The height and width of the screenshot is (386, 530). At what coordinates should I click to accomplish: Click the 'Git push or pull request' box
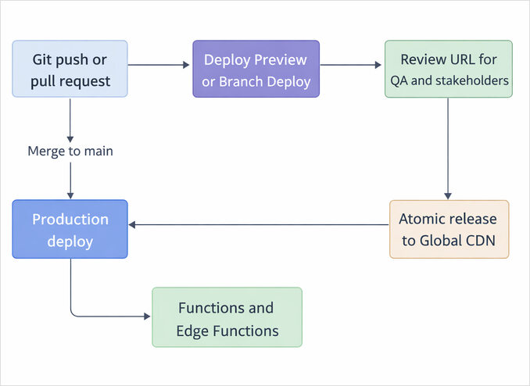(70, 70)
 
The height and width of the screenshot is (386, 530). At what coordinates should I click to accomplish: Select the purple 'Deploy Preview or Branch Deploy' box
(256, 70)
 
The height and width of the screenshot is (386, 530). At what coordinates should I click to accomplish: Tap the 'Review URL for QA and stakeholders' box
(448, 70)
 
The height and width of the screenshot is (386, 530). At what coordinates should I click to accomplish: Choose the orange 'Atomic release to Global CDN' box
(449, 229)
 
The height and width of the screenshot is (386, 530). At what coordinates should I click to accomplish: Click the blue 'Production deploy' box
(70, 230)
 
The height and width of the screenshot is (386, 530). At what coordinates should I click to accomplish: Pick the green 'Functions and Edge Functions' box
(227, 318)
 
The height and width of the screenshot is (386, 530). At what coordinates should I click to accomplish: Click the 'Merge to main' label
(70, 152)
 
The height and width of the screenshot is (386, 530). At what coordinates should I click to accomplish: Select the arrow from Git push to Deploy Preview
(160, 66)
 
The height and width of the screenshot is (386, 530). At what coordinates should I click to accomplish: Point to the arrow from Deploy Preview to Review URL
(352, 66)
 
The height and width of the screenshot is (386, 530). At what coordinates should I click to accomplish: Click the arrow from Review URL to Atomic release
(448, 148)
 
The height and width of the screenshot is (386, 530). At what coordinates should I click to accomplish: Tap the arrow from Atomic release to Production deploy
(258, 225)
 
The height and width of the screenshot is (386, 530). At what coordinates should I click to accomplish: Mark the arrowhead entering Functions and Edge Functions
(147, 316)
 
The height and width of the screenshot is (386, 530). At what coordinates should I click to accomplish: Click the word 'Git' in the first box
(44, 59)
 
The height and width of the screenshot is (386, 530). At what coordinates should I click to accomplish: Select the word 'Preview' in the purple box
(278, 59)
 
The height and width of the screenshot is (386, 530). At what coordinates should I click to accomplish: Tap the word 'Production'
(70, 220)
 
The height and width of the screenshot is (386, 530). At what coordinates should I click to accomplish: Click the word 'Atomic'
(424, 219)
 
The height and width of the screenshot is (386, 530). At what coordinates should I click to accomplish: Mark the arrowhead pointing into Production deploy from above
(70, 195)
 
